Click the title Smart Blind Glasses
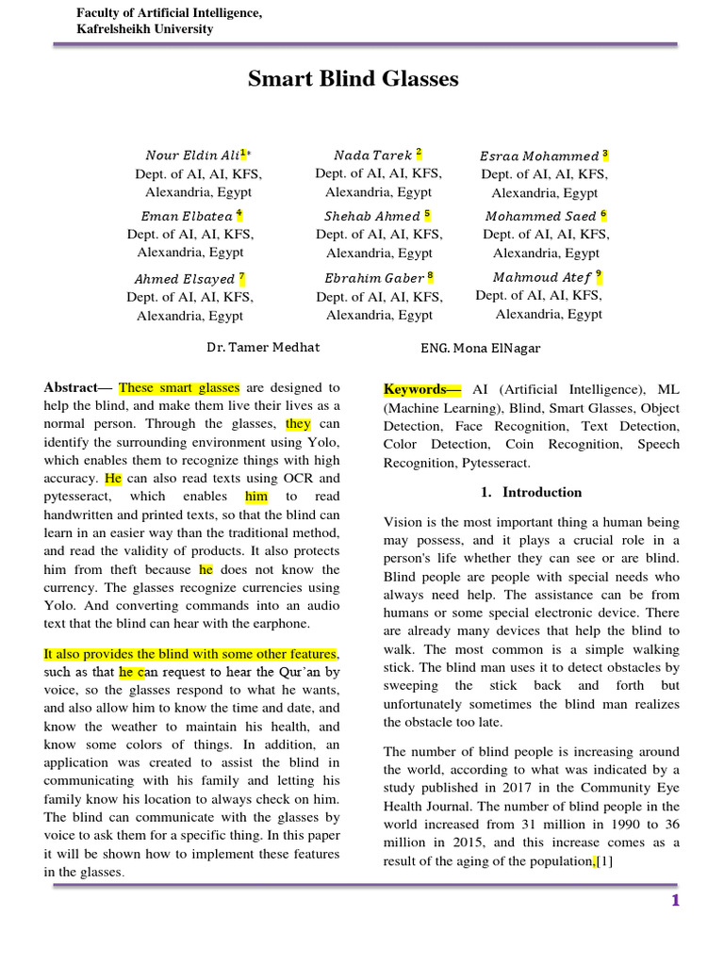point(354,79)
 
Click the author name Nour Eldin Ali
point(193,155)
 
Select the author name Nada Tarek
point(373,155)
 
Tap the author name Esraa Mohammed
point(539,155)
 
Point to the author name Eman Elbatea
point(187,216)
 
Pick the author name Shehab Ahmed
point(373,216)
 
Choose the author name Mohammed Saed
point(540,216)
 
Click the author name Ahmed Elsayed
point(185,279)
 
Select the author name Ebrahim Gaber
point(374,278)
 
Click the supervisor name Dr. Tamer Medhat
point(263,347)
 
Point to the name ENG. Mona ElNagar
point(481,348)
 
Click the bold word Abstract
point(73,387)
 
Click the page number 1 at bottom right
point(675,901)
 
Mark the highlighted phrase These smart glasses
point(179,387)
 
